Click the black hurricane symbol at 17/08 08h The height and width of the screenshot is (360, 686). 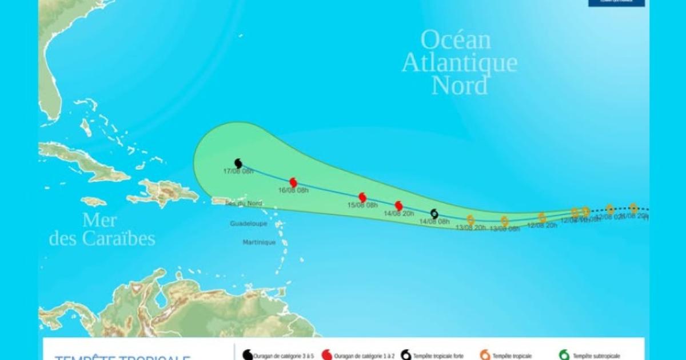pos(238,163)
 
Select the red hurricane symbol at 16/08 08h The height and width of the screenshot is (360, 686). pos(293,182)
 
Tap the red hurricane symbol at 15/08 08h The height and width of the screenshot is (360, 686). pos(362,198)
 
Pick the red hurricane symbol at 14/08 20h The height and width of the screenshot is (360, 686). pos(399,206)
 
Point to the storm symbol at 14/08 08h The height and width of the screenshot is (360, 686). pos(434,214)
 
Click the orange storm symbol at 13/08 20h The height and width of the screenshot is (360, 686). pos(470,219)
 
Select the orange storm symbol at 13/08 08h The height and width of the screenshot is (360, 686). pos(504,221)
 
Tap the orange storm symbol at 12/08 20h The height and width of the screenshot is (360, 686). pos(542,217)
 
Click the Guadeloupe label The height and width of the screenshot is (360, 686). pos(249,223)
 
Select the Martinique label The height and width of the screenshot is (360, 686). pos(259,242)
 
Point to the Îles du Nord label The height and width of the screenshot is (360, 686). pos(244,204)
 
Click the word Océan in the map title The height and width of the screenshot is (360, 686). pos(456,40)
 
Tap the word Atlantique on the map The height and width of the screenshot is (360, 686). pos(460,63)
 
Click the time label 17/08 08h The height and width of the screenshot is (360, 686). pos(238,171)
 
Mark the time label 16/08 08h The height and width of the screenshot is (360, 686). pos(293,190)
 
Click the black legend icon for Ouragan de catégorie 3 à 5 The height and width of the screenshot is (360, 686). pos(248,355)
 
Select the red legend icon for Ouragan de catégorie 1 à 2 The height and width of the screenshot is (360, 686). pos(327,355)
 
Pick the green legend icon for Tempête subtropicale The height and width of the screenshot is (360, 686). pos(564,355)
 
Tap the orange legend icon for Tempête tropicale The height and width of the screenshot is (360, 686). pos(485,355)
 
